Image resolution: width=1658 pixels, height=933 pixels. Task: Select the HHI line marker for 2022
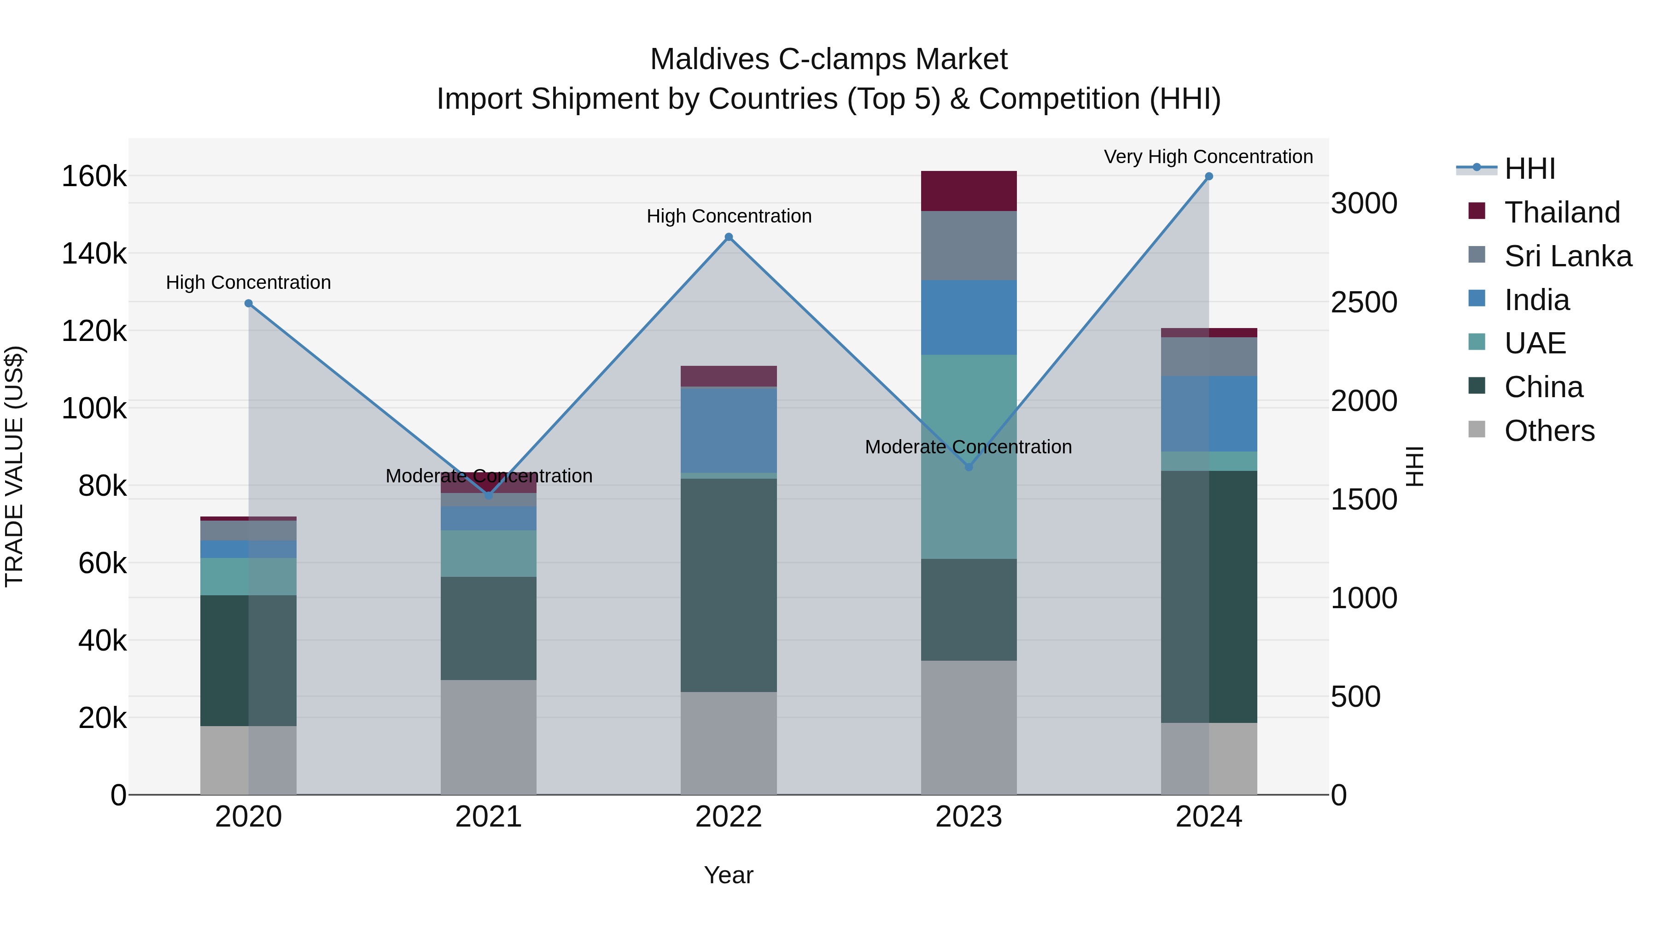pos(729,237)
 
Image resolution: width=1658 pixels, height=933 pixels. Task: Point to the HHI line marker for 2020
pos(248,303)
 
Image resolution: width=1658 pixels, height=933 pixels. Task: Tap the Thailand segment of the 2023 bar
pos(969,191)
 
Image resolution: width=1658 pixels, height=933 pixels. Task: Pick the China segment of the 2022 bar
pos(729,585)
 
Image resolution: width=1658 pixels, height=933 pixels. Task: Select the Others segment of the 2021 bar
pos(489,737)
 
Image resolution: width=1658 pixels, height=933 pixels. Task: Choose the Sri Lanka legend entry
pos(1567,256)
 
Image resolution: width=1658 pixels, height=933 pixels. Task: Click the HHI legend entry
pos(1529,169)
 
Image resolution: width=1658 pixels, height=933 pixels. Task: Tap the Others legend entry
pos(1548,431)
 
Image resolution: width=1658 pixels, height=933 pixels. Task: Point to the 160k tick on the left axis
pos(94,176)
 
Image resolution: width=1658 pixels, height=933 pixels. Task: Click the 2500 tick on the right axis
pos(1363,302)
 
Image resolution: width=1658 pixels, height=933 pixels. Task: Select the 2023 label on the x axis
pos(969,817)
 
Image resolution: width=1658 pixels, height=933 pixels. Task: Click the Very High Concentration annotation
pos(1208,157)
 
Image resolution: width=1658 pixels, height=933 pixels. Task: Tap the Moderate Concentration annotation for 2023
pos(968,447)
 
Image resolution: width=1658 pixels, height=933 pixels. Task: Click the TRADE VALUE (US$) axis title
pos(15,466)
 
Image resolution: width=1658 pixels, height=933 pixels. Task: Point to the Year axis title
pos(729,875)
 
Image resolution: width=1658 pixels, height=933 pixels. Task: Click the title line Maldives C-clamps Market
pos(829,59)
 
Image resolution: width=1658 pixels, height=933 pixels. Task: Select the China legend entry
pos(1543,387)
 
